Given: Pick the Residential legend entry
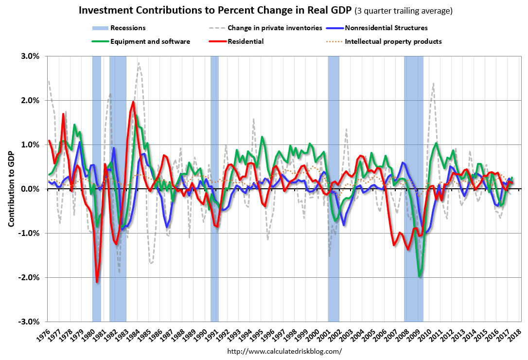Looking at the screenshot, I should [245, 41].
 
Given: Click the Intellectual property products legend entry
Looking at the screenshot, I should [393, 41].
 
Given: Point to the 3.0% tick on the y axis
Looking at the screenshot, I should [30, 56].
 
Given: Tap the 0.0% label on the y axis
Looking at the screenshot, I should [30, 189].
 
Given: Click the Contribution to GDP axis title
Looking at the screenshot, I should [11, 189].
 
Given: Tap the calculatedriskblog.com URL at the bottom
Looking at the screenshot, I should [284, 351].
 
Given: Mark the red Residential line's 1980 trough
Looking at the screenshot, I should [97, 282].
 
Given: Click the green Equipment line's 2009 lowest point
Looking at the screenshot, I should [420, 277].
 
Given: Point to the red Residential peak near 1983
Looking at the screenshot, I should [133, 102].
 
